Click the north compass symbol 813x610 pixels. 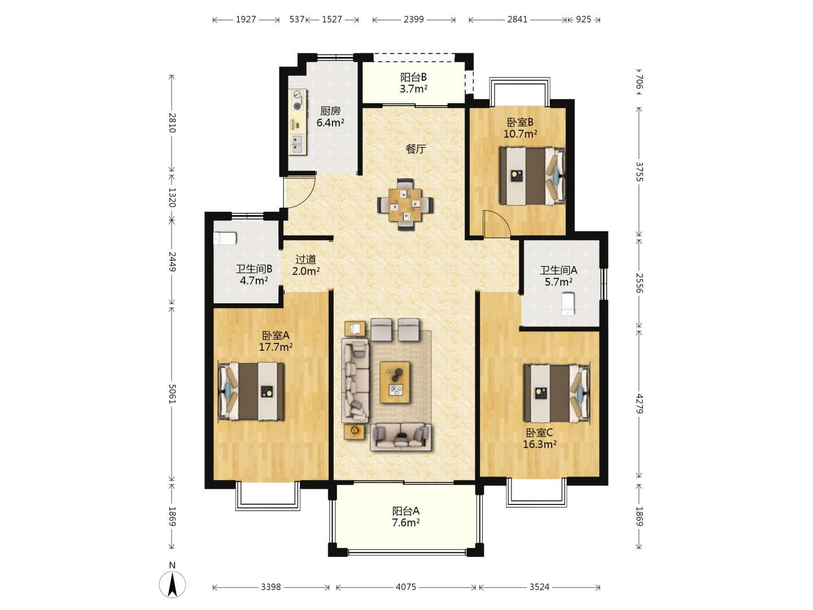[172, 583]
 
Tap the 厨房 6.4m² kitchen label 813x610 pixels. [330, 117]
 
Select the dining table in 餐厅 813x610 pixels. [405, 205]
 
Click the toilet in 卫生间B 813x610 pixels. [225, 238]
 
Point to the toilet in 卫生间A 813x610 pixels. [567, 304]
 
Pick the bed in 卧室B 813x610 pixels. [532, 176]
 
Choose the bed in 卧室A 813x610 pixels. [251, 391]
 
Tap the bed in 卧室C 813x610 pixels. [557, 394]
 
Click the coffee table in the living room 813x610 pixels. [395, 382]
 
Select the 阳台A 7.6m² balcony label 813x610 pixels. [406, 517]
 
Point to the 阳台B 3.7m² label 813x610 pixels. [413, 83]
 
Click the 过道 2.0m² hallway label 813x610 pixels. [306, 265]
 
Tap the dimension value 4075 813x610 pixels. [406, 587]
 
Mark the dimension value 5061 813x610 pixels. [172, 394]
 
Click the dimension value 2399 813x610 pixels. [414, 19]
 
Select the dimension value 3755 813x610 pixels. [639, 172]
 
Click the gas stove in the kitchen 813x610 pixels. [298, 100]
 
